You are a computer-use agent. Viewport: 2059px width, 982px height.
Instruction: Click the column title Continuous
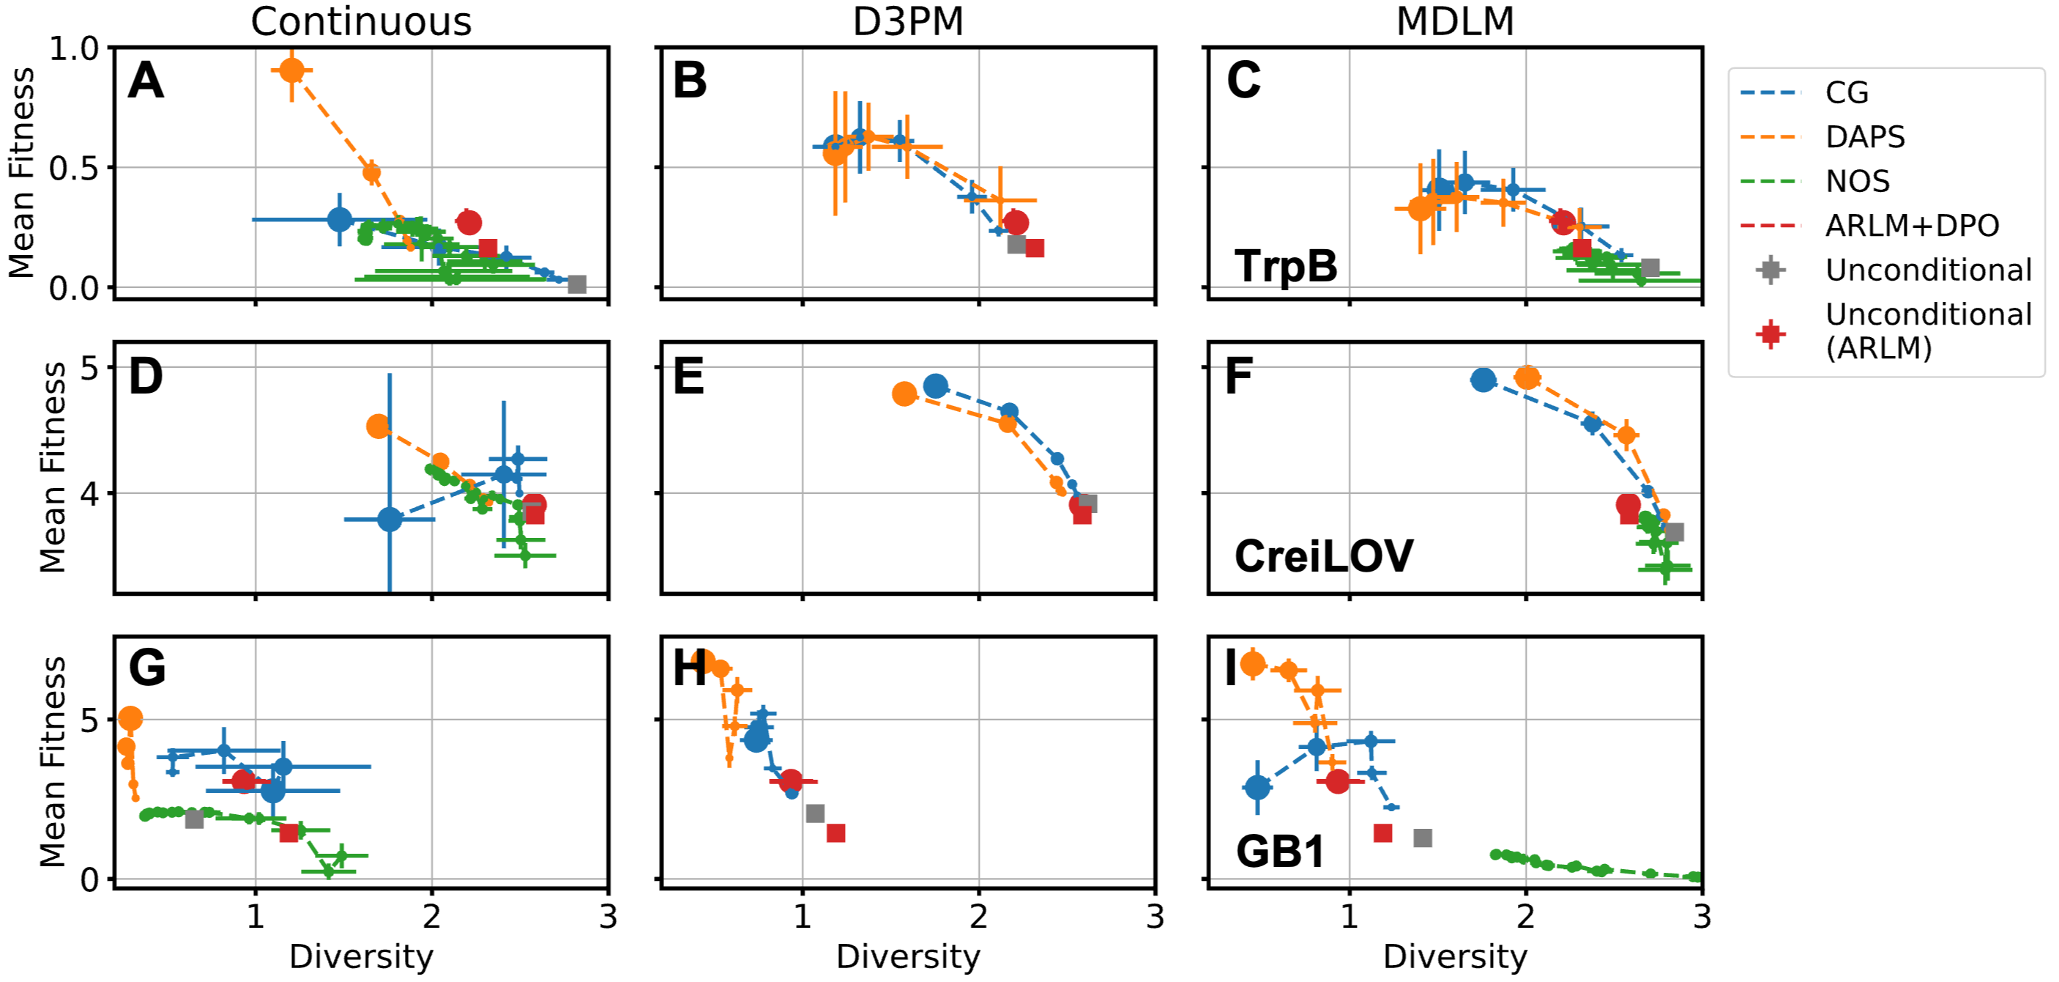point(360,21)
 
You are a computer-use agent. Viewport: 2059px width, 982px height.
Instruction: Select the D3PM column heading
point(908,21)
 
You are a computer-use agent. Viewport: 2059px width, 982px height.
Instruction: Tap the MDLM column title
point(1455,21)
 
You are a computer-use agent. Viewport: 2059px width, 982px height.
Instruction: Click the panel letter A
point(146,81)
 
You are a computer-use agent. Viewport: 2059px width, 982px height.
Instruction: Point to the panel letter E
point(689,377)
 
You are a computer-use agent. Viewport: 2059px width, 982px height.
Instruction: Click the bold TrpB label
point(1285,265)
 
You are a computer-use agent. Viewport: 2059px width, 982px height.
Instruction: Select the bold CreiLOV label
point(1324,555)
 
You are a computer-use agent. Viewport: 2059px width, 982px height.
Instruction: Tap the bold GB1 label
point(1281,851)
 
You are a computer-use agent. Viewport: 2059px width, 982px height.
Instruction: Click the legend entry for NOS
point(1857,182)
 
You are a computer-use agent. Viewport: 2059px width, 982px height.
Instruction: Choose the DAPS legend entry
point(1865,138)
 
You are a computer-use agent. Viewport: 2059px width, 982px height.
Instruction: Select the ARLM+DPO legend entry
point(1911,226)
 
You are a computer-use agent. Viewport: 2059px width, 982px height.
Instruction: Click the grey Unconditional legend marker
point(1771,270)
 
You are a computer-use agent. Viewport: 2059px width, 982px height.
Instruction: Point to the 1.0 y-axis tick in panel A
point(73,49)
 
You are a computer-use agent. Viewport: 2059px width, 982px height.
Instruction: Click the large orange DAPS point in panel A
point(291,70)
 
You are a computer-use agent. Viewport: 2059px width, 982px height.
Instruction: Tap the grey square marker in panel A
point(576,284)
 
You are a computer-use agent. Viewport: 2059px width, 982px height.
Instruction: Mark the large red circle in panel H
point(791,780)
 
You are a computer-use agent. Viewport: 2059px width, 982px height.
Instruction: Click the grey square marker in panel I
point(1422,837)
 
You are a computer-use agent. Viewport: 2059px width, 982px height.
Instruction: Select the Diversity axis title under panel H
point(908,956)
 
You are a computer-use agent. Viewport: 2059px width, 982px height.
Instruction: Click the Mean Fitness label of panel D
point(53,467)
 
